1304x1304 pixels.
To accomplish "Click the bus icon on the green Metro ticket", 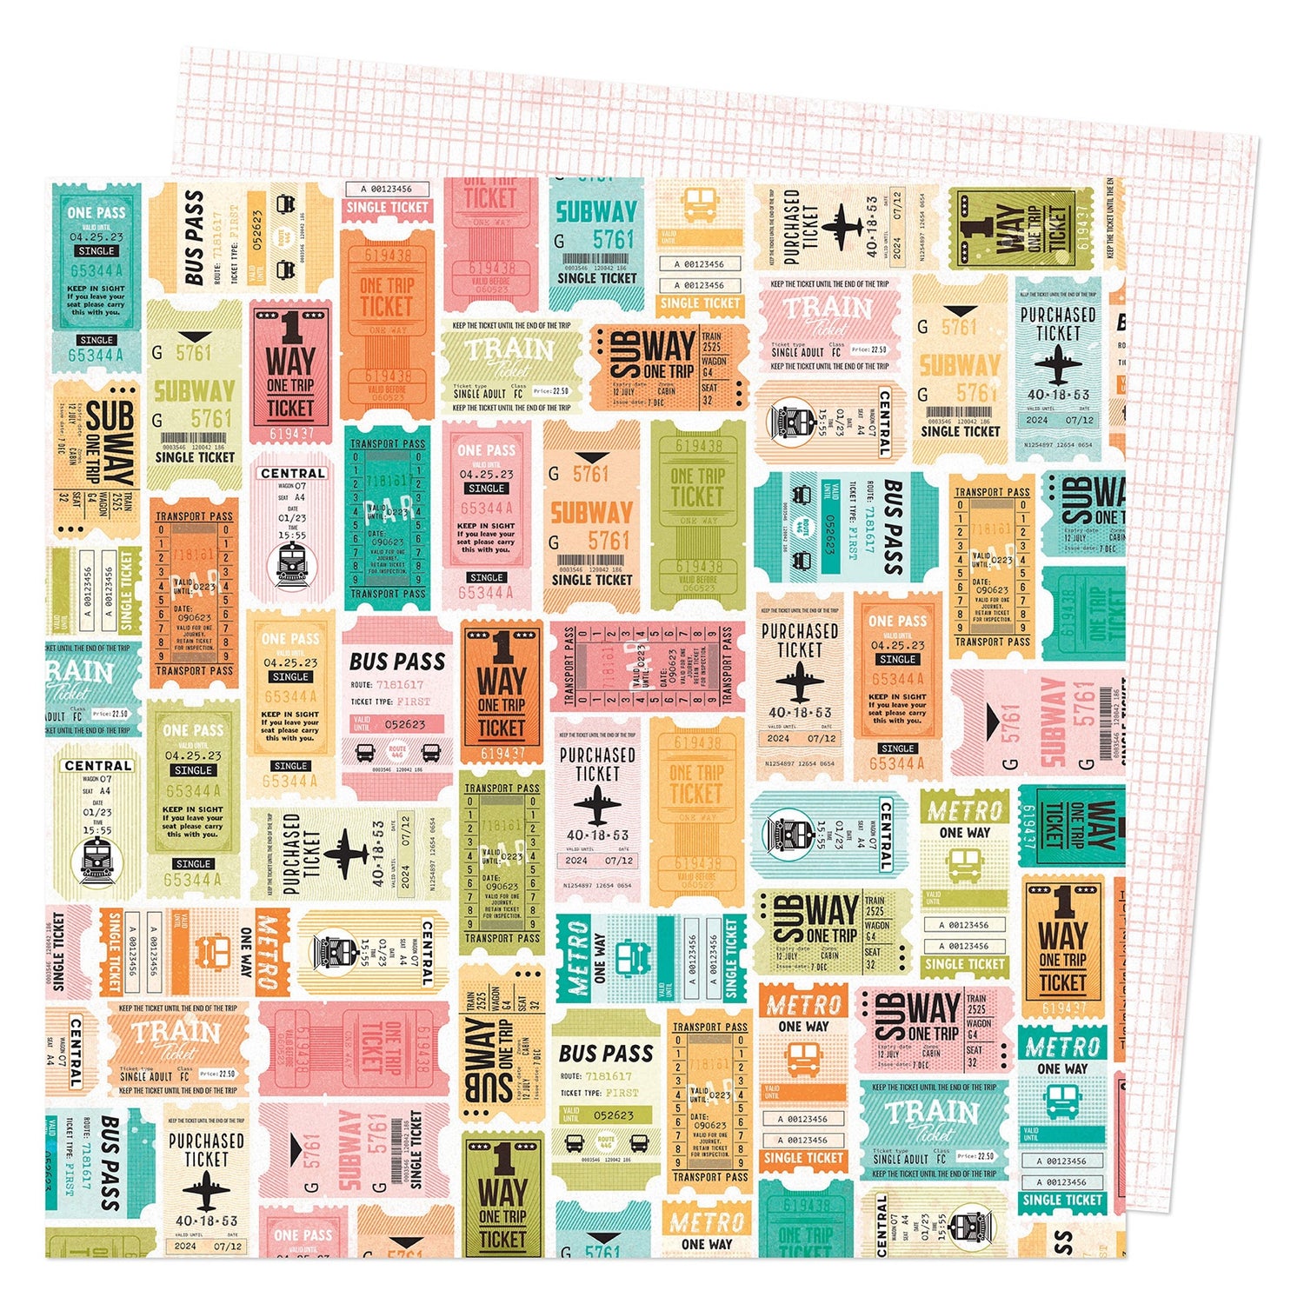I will coord(964,865).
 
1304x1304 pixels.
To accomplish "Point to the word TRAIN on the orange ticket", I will coord(176,1032).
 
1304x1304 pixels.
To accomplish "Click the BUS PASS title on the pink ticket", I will coord(397,662).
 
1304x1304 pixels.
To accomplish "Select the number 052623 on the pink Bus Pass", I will coord(405,724).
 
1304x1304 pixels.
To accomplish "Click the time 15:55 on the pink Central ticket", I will coord(292,536).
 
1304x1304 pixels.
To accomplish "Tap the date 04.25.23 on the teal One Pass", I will coord(96,236).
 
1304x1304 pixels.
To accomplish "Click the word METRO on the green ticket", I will coord(964,811).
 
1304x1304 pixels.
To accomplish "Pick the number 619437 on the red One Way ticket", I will coord(290,432).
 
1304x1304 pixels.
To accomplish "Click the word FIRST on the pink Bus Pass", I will coord(414,701).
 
